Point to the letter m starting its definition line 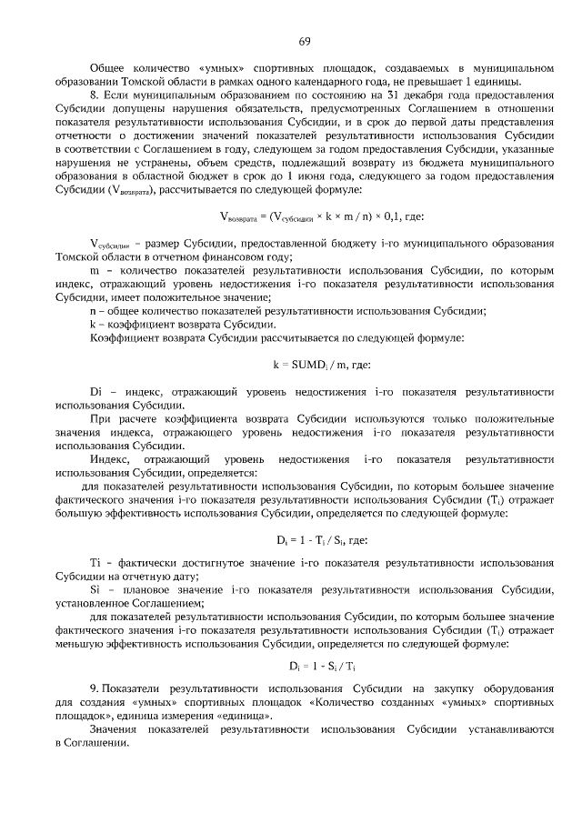point(94,271)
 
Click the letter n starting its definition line point(93,311)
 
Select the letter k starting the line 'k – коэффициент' point(93,325)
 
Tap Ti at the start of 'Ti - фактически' point(95,565)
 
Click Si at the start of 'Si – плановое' point(95,591)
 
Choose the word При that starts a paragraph point(102,418)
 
